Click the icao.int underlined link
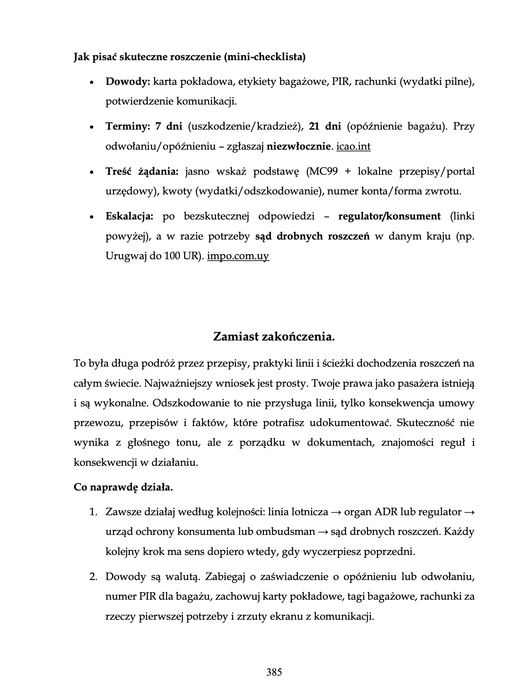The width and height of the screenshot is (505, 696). click(353, 147)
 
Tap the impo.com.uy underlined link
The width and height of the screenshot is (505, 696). click(238, 256)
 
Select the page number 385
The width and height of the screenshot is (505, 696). click(274, 672)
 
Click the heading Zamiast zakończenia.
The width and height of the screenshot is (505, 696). click(274, 337)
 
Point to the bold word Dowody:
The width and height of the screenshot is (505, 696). click(128, 82)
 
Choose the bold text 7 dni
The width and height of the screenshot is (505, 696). click(169, 127)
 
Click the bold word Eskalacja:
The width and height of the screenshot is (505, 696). click(129, 217)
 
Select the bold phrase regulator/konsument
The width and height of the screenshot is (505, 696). click(389, 217)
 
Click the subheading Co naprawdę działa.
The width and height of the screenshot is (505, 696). click(123, 487)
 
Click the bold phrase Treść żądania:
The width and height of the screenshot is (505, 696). click(142, 172)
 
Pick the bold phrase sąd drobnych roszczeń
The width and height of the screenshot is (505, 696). click(313, 237)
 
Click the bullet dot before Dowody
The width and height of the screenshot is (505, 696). click(92, 83)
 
